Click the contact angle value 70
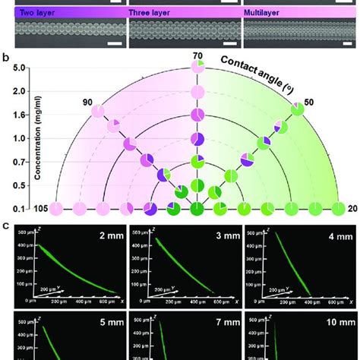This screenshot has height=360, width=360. pos(197,55)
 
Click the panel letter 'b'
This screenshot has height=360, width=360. pos(6,56)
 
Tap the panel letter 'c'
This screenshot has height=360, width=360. pos(6,224)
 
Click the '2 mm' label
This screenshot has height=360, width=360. pos(99,236)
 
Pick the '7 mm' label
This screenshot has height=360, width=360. pos(213,321)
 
